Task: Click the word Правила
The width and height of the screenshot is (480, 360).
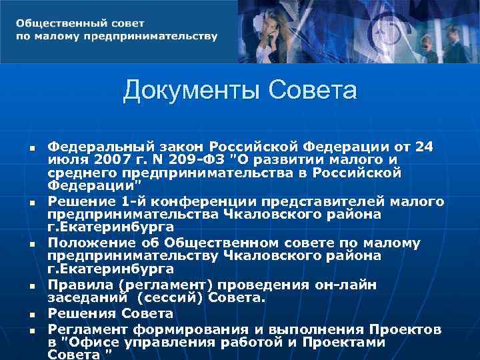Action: (x=75, y=285)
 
